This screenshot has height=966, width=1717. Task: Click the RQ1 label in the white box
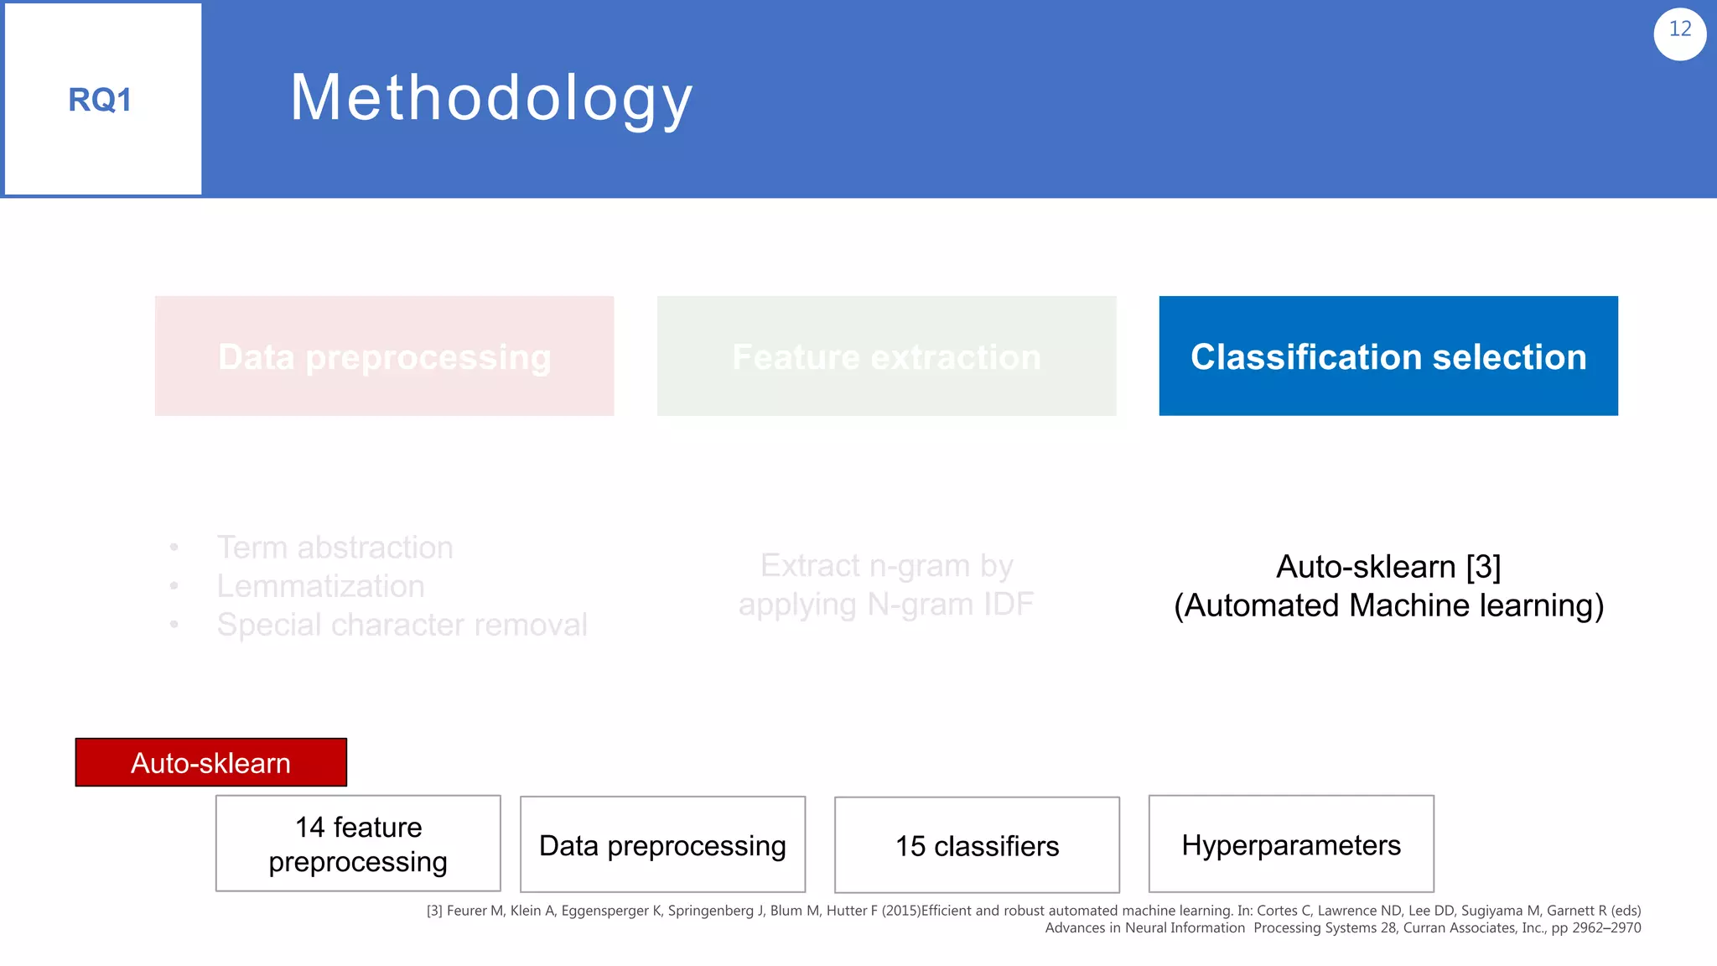pos(100,100)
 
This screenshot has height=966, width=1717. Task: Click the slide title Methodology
pos(491,98)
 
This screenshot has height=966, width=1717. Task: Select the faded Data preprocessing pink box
pos(384,356)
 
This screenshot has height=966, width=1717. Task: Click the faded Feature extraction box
pos(886,356)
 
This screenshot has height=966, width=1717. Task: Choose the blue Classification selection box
pos(1388,356)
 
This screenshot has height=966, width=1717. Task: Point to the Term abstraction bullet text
pos(335,548)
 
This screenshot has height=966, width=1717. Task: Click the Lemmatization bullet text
pos(320,586)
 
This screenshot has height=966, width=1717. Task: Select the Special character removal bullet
pos(402,625)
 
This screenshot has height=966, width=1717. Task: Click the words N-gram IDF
pos(950,605)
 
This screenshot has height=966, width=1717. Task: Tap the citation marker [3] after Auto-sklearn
pos(1483,567)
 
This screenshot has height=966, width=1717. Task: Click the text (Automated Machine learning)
pos(1388,605)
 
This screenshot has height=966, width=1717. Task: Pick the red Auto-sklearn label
pos(210,762)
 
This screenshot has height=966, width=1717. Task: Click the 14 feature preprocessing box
pos(358,844)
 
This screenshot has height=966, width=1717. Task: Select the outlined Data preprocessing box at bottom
pos(662,845)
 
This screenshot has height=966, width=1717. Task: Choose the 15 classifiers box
pos(977,846)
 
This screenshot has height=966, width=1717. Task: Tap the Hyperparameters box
pos(1291,844)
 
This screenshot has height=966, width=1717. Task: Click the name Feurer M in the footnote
pos(475,911)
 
